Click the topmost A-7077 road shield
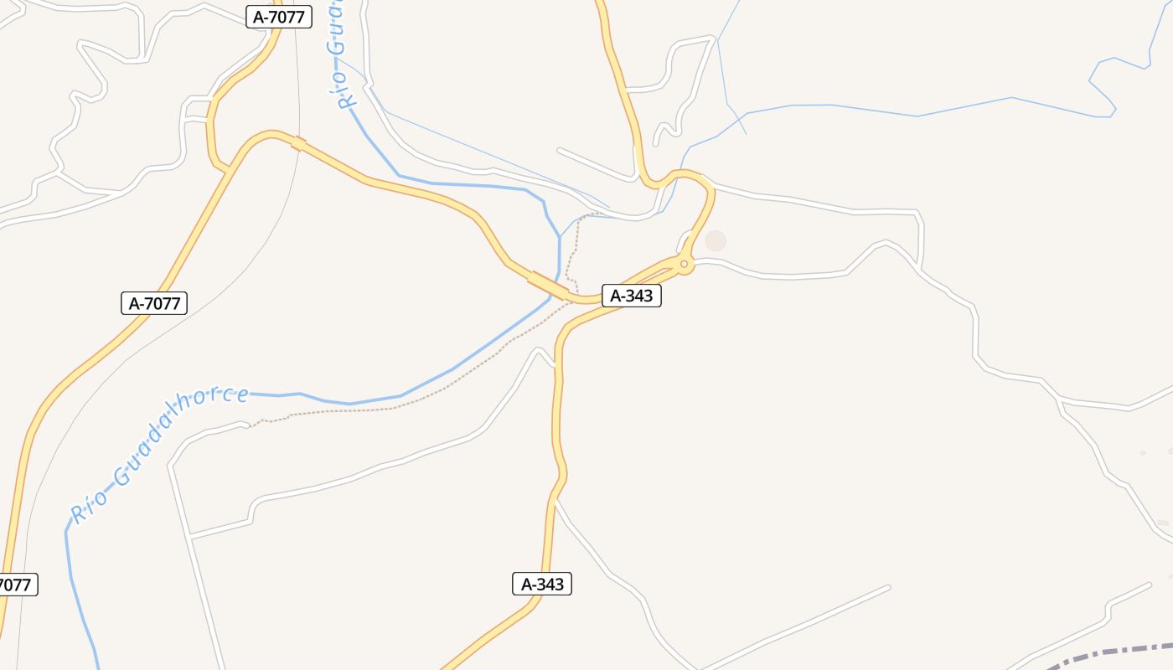pyautogui.click(x=279, y=16)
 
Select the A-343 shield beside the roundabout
pyautogui.click(x=632, y=296)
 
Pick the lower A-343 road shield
pyautogui.click(x=542, y=584)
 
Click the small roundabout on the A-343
pyautogui.click(x=685, y=265)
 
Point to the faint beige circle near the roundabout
pyautogui.click(x=715, y=241)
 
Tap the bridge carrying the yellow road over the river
pyautogui.click(x=548, y=286)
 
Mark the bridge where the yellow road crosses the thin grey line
pyautogui.click(x=298, y=144)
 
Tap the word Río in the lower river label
pyautogui.click(x=89, y=507)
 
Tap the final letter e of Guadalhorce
pyautogui.click(x=242, y=394)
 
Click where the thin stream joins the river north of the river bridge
pyautogui.click(x=560, y=237)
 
